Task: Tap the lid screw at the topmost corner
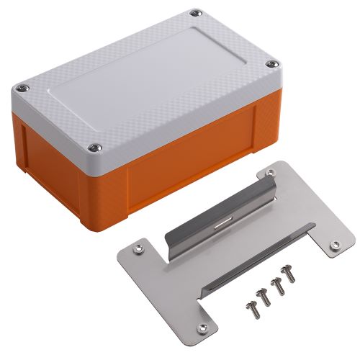pos(194,12)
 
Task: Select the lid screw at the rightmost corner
pos(270,65)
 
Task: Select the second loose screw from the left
pos(264,295)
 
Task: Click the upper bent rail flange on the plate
pos(216,216)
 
